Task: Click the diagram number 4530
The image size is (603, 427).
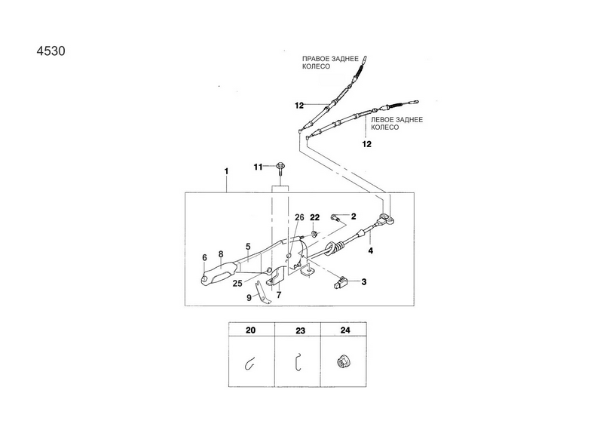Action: [x=51, y=51]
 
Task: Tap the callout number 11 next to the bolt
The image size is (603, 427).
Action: [x=258, y=167]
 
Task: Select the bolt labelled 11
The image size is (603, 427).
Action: [x=280, y=170]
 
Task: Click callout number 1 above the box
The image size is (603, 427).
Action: [x=227, y=171]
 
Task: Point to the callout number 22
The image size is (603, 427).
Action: [x=314, y=217]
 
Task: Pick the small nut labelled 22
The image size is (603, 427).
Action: [x=314, y=233]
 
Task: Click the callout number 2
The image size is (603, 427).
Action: [x=354, y=217]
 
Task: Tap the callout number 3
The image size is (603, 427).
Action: [x=364, y=282]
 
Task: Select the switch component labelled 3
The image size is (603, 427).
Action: [x=340, y=283]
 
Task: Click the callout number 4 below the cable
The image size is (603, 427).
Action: [x=370, y=250]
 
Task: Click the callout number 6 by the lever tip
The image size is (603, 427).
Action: [x=204, y=257]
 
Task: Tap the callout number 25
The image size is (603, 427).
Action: [x=237, y=284]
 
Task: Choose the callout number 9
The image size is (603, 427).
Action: [x=249, y=298]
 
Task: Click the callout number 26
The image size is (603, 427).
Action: [x=299, y=217]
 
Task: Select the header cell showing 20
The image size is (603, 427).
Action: [x=252, y=330]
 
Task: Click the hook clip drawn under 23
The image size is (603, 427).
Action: [x=298, y=362]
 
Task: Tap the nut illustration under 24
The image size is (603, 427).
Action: [x=341, y=362]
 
